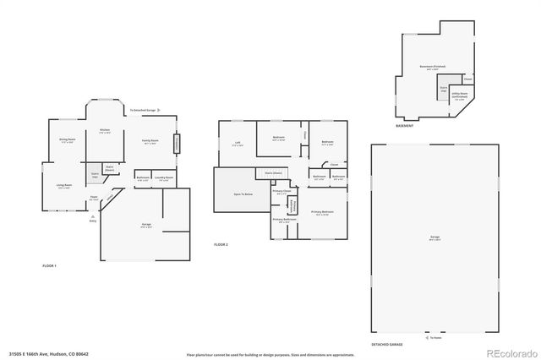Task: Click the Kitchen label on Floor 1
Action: coord(105,131)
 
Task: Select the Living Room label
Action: coord(64,186)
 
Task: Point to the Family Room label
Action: coord(153,143)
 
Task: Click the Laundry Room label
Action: coord(164,178)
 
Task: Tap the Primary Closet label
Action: coord(281,193)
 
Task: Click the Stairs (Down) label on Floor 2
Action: coord(273,172)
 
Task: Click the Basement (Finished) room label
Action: coord(433,67)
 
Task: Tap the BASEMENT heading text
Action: coord(404,126)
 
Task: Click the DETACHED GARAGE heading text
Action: coord(385,345)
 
